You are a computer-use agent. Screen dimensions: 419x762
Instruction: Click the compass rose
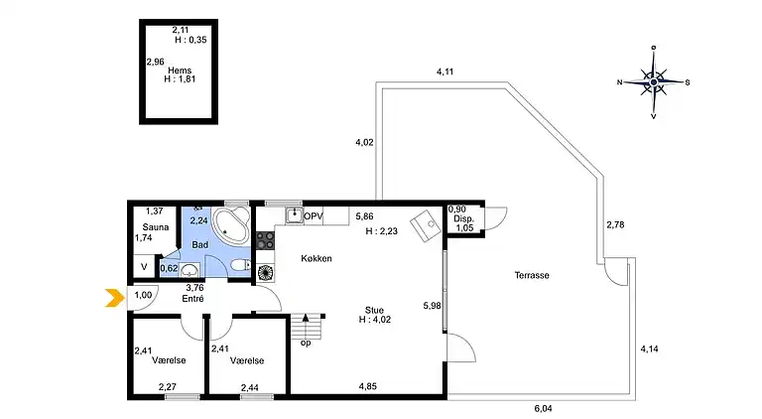[653, 82]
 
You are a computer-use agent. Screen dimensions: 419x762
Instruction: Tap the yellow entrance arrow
[115, 296]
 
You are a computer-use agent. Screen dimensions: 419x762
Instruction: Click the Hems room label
[179, 70]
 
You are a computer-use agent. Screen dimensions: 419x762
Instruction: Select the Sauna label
[154, 226]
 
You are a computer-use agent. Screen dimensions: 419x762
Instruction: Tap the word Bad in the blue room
[199, 243]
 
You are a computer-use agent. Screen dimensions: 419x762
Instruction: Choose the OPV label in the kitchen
[314, 215]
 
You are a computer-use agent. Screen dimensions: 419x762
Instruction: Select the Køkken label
[317, 258]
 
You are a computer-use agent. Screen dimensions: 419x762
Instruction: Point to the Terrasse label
[533, 275]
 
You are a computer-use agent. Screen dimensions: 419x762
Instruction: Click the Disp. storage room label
[463, 219]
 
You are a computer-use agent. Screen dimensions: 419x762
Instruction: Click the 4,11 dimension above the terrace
[444, 71]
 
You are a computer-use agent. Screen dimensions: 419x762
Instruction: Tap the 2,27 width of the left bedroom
[167, 386]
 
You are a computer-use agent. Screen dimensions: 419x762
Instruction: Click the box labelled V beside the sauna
[144, 267]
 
